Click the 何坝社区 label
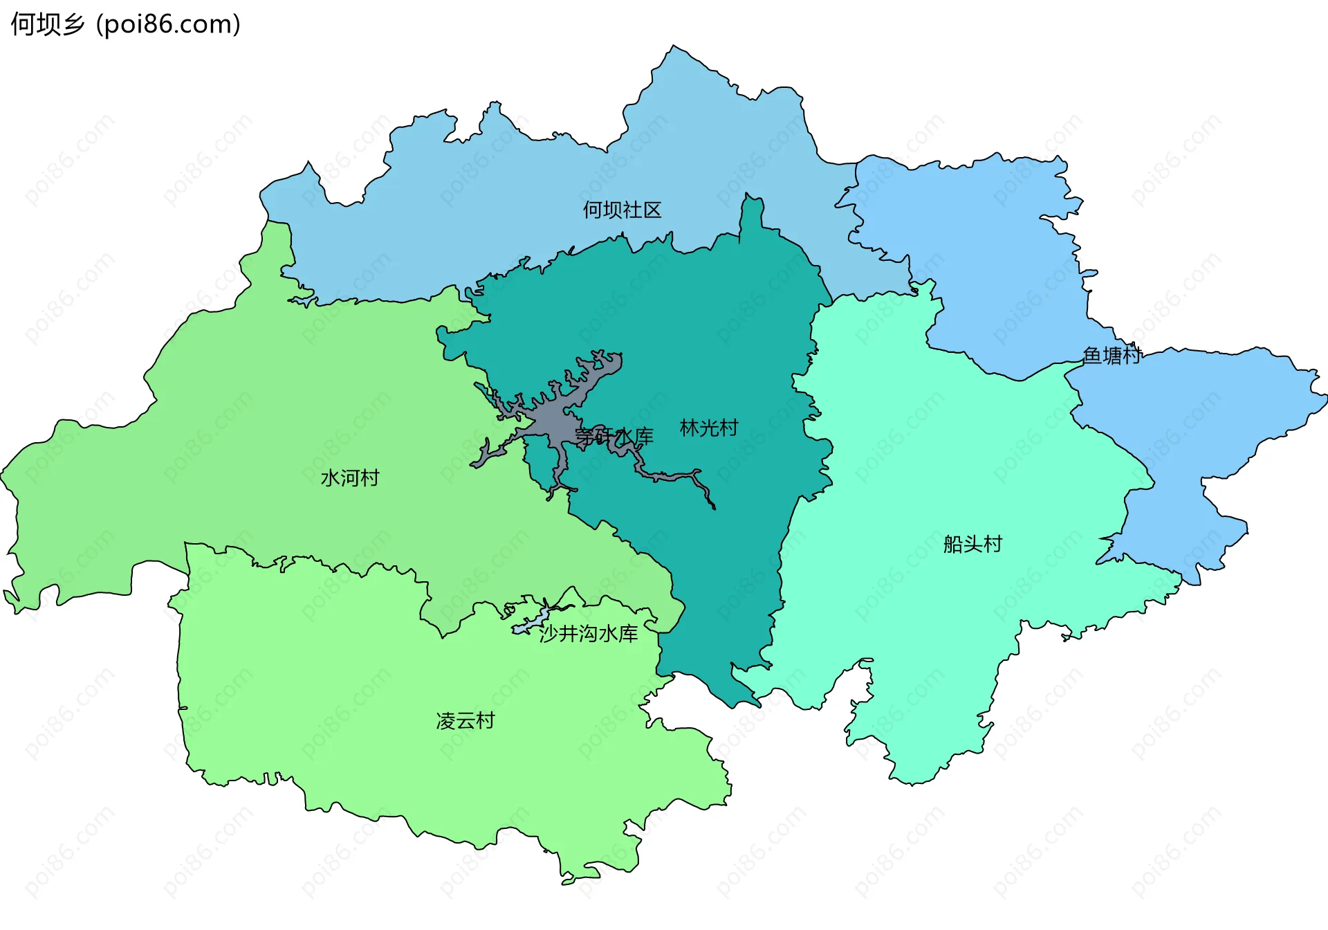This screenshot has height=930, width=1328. click(622, 210)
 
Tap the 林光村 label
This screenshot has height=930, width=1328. click(709, 428)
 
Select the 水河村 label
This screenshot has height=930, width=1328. click(350, 477)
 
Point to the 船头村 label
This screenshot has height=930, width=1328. click(972, 544)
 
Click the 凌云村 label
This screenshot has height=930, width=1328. click(465, 721)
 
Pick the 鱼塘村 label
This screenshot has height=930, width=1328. click(1112, 355)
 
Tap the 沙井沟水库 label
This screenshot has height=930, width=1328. click(588, 633)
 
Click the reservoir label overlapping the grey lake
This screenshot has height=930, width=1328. click(614, 436)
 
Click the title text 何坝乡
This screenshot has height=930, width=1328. click(47, 24)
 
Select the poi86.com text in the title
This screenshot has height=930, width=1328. click(168, 24)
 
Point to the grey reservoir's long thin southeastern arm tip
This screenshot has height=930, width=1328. click(713, 507)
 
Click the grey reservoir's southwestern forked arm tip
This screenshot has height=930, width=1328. click(474, 464)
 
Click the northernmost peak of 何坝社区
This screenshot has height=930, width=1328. click(674, 48)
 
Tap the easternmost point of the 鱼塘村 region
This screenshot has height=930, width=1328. click(1324, 397)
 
